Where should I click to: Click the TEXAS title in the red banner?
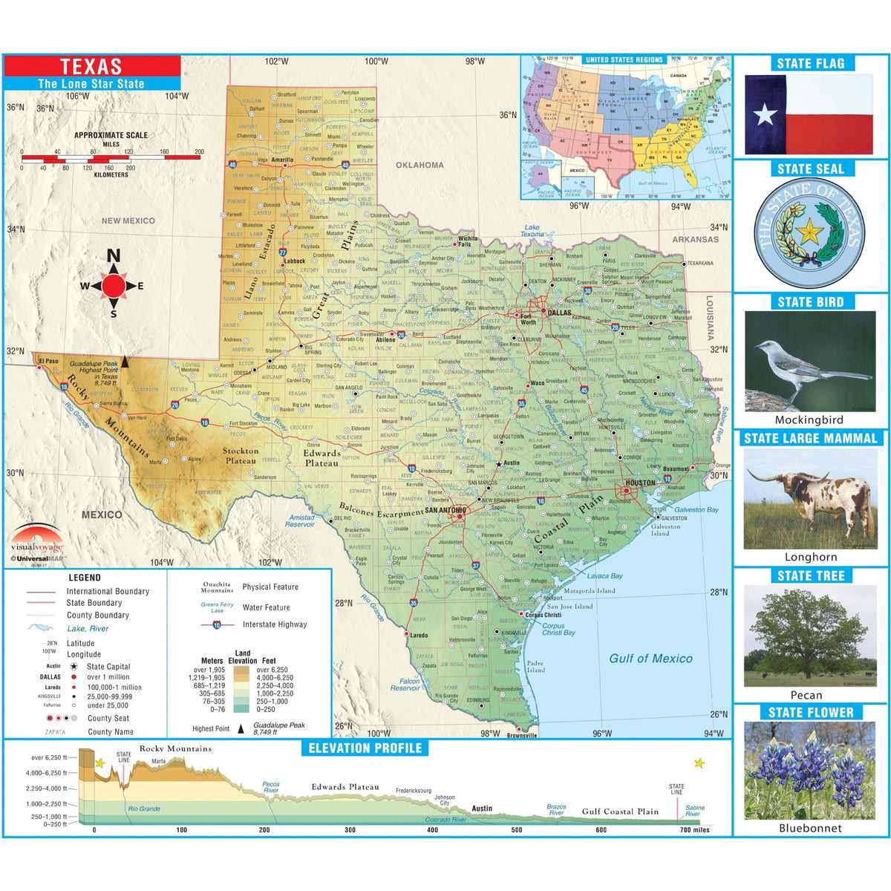91,66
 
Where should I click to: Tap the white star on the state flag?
766,115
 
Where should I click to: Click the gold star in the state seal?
809,233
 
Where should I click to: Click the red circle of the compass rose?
114,285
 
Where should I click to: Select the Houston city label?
640,483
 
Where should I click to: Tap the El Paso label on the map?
48,362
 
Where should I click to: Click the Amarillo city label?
282,160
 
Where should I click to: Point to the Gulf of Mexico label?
650,658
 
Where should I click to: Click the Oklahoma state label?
420,165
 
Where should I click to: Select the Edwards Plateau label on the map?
322,458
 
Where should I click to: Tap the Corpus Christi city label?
544,615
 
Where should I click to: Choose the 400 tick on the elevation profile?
433,830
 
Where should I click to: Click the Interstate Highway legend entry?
274,624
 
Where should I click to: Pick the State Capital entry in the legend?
108,667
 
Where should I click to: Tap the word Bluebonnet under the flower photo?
810,828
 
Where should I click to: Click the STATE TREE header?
810,575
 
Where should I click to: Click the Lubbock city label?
294,261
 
